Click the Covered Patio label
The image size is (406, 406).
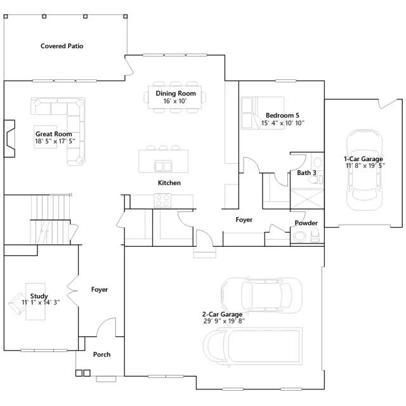click(x=62, y=46)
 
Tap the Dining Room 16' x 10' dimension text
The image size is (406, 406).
click(x=175, y=101)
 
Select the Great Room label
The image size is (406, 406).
click(x=53, y=134)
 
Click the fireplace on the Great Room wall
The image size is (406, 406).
click(x=10, y=138)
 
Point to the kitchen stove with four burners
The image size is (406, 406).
click(x=162, y=200)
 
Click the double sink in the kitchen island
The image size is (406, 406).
click(x=163, y=166)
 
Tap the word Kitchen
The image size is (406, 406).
click(x=169, y=183)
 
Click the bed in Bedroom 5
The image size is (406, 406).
click(x=262, y=113)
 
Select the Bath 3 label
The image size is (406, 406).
click(x=306, y=173)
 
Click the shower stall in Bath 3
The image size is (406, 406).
click(x=307, y=199)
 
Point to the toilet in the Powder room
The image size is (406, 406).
click(x=315, y=235)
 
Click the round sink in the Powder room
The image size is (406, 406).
click(x=300, y=236)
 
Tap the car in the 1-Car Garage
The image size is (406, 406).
click(x=364, y=169)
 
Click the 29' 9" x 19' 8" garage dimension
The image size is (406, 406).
click(x=224, y=321)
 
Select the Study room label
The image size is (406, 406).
click(x=39, y=296)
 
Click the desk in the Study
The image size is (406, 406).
click(x=36, y=302)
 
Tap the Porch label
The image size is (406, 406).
click(x=101, y=355)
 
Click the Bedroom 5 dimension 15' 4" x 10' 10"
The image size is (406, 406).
click(x=283, y=123)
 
